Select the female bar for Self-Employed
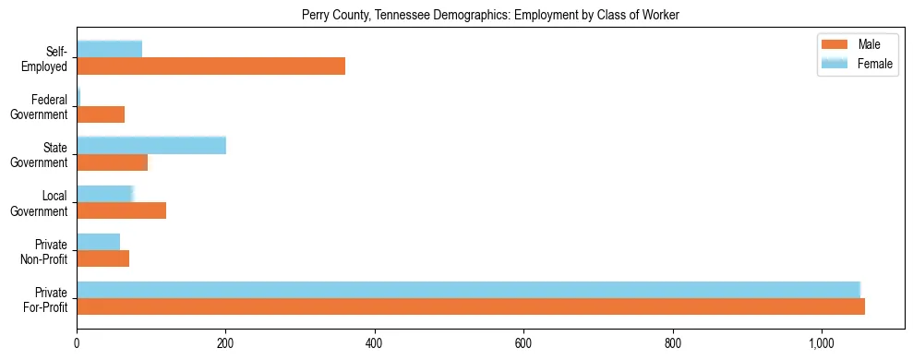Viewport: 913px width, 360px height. [109, 49]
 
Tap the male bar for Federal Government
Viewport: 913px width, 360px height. [101, 114]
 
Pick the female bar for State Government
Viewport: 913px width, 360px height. [151, 145]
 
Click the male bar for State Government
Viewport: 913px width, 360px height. [112, 162]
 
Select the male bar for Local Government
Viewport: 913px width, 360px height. [121, 210]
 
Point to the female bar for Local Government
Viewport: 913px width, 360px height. [105, 194]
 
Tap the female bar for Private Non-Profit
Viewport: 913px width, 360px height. [98, 242]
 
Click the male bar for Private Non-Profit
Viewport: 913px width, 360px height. [102, 258]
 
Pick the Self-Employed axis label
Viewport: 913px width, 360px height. [50, 58]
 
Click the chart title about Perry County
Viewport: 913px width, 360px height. [490, 15]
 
